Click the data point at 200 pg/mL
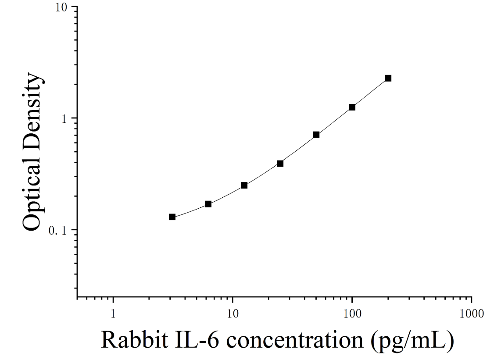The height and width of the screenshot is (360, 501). pos(388,78)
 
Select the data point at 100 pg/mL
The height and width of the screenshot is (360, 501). pos(352,107)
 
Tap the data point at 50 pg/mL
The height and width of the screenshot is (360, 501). pos(316,135)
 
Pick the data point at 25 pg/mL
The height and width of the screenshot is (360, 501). pos(280,164)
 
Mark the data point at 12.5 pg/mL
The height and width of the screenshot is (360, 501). pos(244,185)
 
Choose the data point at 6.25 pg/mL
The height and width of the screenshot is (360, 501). pos(208,204)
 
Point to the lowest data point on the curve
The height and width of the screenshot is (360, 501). pos(172,217)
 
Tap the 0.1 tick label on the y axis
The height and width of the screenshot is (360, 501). pos(59,231)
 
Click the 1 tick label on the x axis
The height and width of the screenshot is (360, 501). pos(113,314)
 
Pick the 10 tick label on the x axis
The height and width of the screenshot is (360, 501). pos(233,314)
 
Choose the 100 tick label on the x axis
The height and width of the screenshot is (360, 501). pos(352,314)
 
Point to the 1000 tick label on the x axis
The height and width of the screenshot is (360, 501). pos(472,314)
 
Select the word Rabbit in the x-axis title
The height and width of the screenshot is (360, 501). pos(135,339)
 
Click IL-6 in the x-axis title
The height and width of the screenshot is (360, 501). pos(197,339)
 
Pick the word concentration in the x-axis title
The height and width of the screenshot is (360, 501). pos(295,340)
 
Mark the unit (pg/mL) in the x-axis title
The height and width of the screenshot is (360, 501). pos(412,341)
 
